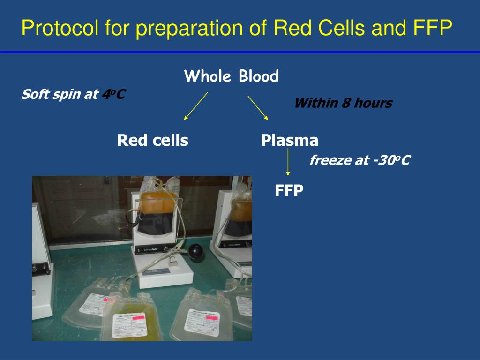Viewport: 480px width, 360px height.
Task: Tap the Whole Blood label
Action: (232, 76)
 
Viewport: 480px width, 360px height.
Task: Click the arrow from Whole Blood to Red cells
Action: (195, 106)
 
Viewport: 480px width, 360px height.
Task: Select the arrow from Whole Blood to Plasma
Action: (258, 108)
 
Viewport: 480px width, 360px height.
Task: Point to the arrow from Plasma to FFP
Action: (288, 162)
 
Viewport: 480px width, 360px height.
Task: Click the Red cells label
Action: (153, 140)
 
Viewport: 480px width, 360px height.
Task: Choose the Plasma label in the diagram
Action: (290, 140)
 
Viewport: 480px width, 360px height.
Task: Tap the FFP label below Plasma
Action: (289, 190)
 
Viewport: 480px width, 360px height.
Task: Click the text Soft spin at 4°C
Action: (73, 95)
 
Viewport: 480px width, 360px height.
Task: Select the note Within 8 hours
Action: (343, 103)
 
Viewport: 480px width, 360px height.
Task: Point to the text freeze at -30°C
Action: (360, 161)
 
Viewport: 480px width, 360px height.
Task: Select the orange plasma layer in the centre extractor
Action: (159, 202)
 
